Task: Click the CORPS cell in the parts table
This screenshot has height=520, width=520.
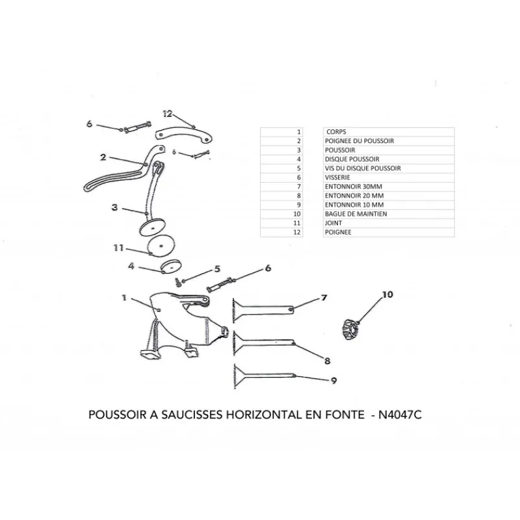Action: point(336,132)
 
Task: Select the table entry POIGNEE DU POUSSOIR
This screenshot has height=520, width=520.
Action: point(359,141)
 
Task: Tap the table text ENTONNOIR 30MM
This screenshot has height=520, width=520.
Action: point(354,187)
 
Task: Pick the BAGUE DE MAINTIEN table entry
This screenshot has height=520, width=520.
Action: point(356,214)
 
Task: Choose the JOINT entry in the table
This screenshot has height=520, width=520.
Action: point(333,223)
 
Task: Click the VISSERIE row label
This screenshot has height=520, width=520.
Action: point(337,177)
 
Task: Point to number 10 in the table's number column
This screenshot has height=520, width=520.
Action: point(297,214)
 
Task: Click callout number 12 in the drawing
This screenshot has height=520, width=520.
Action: point(168,114)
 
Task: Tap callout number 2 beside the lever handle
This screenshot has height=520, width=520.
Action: point(103,157)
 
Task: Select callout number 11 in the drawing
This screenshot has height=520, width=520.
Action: point(118,248)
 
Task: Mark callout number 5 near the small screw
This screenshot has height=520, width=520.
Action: point(217,268)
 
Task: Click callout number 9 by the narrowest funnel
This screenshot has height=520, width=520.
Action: point(333,380)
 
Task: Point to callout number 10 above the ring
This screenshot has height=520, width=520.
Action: point(387,294)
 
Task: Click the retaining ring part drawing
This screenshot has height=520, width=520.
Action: point(350,330)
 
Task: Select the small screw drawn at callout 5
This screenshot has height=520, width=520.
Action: point(178,282)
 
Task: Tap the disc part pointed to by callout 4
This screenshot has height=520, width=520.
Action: point(171,266)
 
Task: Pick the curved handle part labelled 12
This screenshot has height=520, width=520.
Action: point(184,135)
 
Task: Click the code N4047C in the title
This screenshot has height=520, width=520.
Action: point(400,415)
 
